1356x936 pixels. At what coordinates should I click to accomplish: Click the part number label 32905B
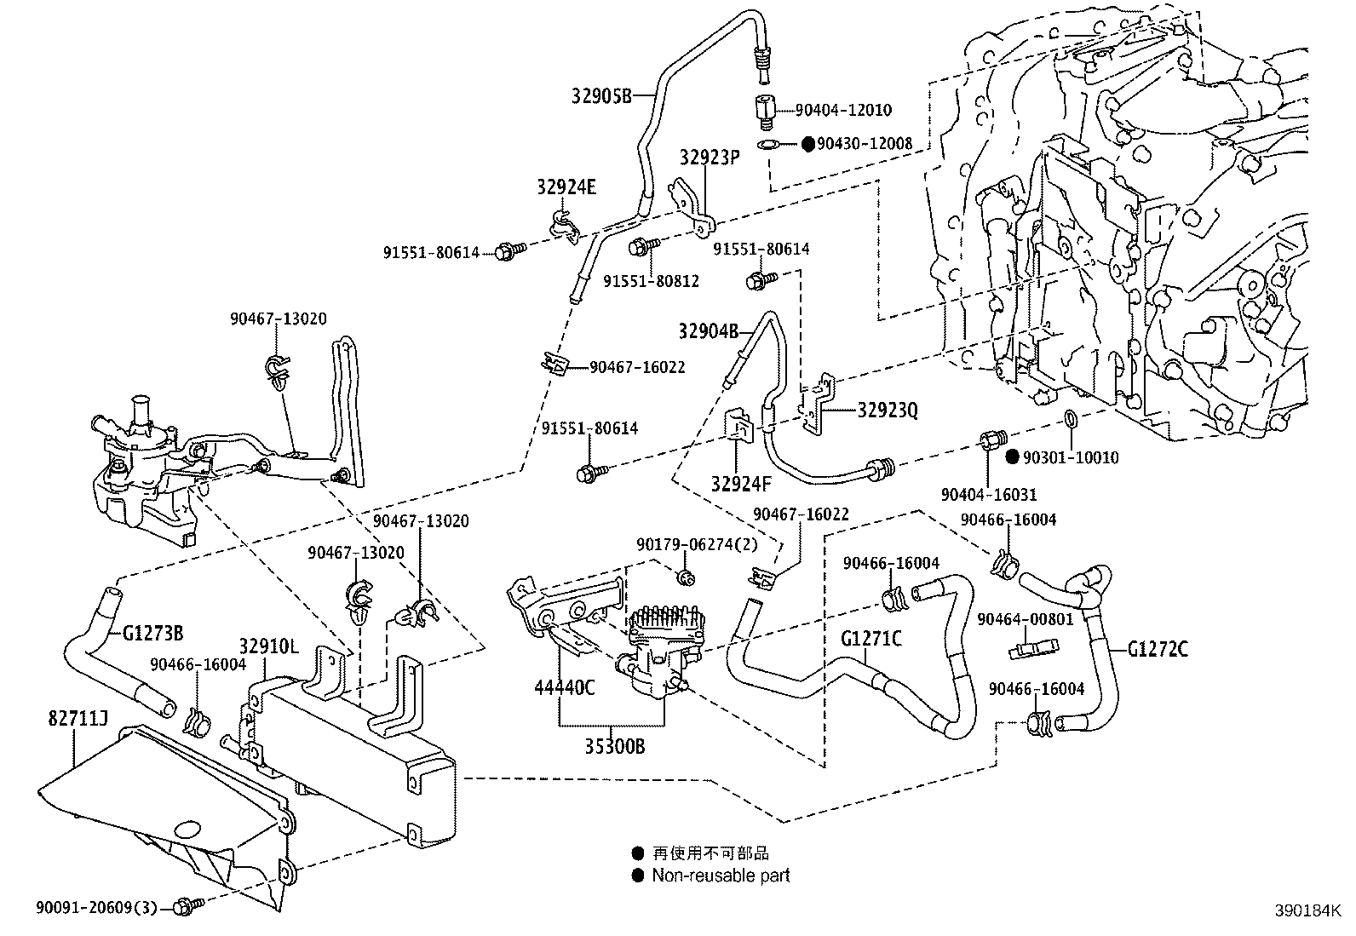pyautogui.click(x=601, y=95)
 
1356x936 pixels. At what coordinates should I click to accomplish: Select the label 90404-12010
pyautogui.click(x=843, y=110)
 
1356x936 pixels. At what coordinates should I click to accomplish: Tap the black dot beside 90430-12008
pyautogui.click(x=808, y=144)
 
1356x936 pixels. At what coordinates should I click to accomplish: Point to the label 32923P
pyautogui.click(x=710, y=158)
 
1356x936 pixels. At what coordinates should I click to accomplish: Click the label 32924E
pyautogui.click(x=566, y=187)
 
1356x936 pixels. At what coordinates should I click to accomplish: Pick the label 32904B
pyautogui.click(x=709, y=331)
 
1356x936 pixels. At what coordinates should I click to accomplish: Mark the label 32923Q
pyautogui.click(x=888, y=411)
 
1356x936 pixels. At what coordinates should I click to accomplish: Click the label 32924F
pyautogui.click(x=741, y=485)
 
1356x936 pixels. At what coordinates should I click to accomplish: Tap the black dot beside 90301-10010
pyautogui.click(x=1012, y=457)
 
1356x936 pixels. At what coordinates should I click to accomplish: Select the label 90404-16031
pyautogui.click(x=989, y=494)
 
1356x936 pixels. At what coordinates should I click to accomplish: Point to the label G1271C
pyautogui.click(x=871, y=638)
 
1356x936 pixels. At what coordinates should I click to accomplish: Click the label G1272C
pyautogui.click(x=1158, y=650)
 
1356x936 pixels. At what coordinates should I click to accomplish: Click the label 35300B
pyautogui.click(x=614, y=747)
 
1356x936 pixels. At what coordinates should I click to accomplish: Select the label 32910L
pyautogui.click(x=268, y=646)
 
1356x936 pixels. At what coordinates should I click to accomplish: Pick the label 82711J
pyautogui.click(x=77, y=721)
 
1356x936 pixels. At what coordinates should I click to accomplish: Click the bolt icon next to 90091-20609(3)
pyautogui.click(x=186, y=907)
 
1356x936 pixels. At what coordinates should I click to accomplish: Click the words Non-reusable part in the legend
pyautogui.click(x=721, y=875)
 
